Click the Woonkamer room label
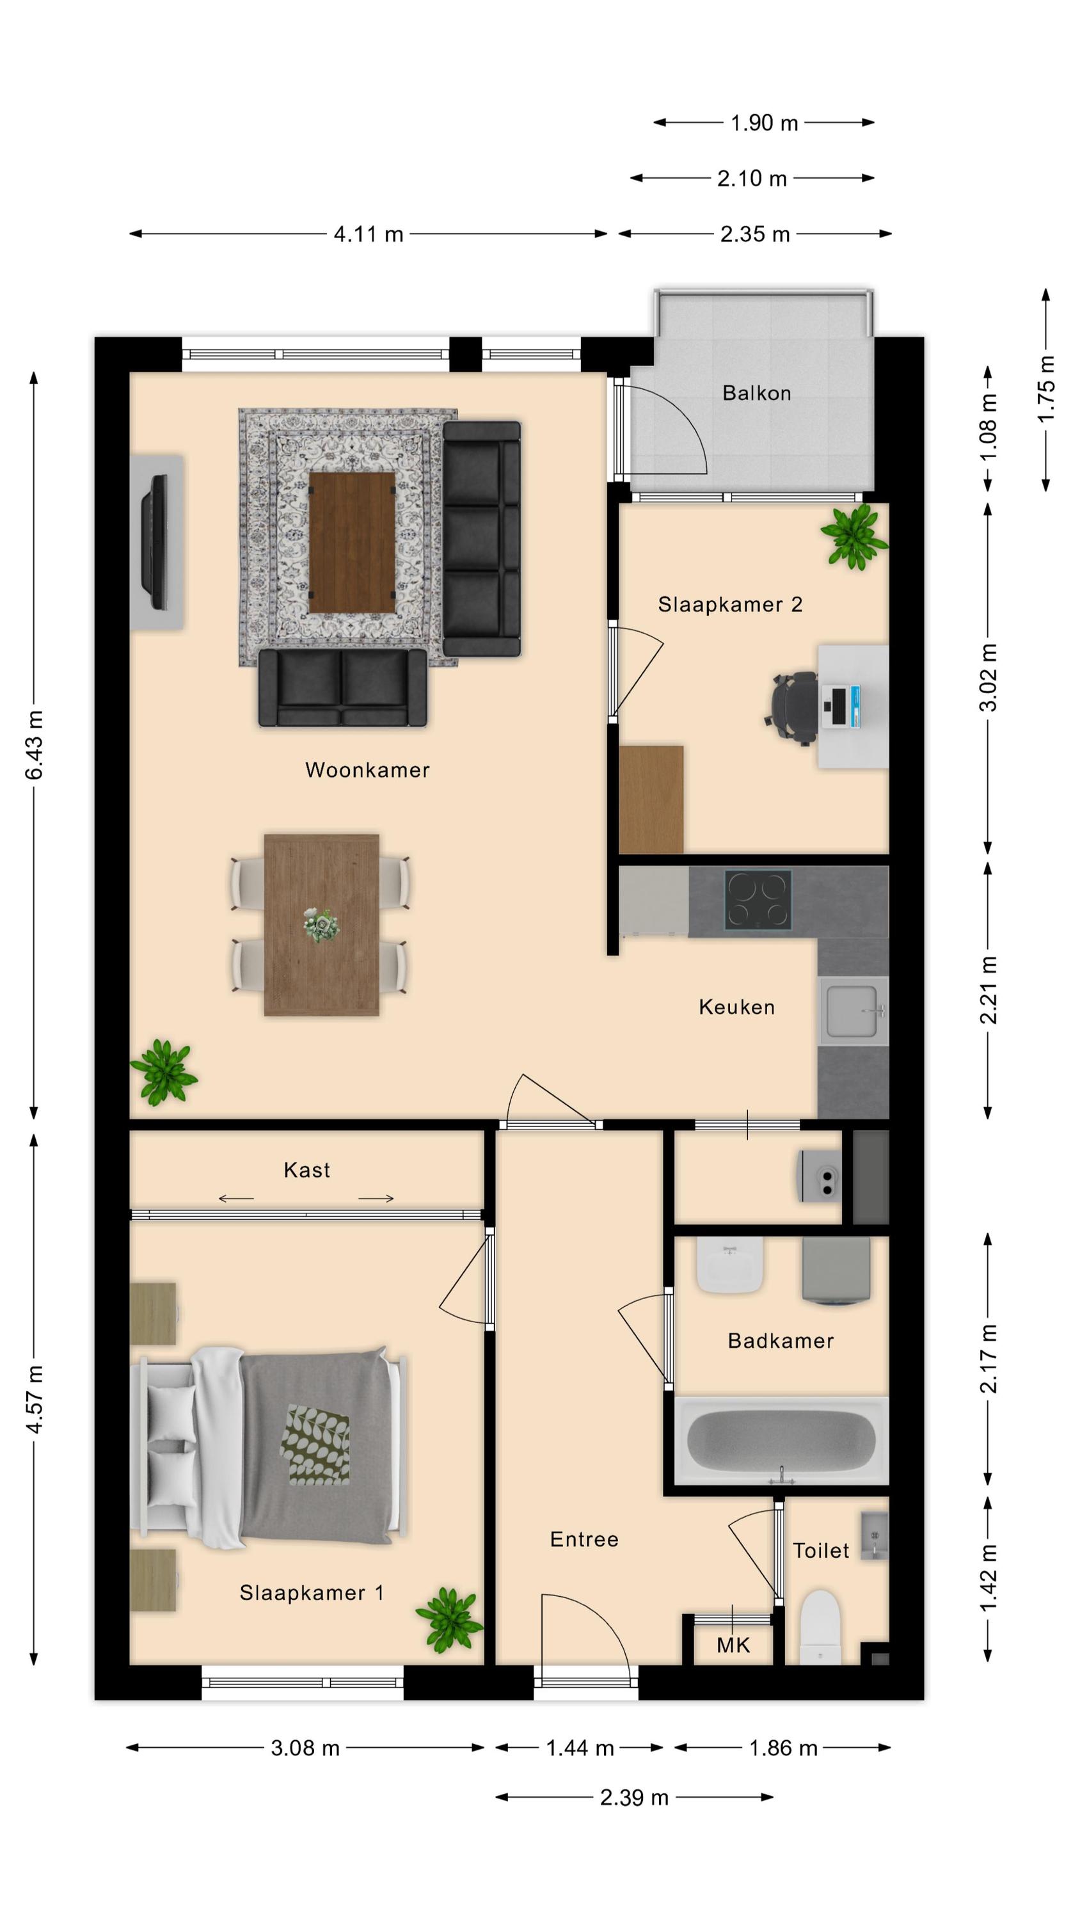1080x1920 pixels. [x=367, y=770]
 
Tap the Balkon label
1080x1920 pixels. [x=756, y=393]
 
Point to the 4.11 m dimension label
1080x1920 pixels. [x=368, y=234]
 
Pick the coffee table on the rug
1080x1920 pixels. [x=352, y=543]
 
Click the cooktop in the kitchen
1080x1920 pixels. [x=758, y=900]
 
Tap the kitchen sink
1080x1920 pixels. [x=854, y=1011]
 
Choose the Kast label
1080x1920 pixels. [x=307, y=1169]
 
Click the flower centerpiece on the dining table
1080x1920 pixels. [x=321, y=925]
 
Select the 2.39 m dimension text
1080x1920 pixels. [x=634, y=1797]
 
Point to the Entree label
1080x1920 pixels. [x=584, y=1539]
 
